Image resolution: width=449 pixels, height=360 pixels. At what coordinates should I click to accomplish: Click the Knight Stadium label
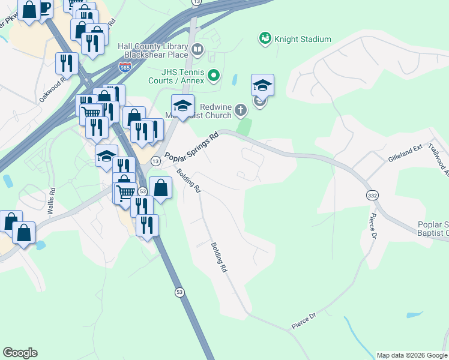point(303,40)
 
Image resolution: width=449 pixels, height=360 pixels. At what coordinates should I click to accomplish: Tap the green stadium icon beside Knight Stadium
point(264,39)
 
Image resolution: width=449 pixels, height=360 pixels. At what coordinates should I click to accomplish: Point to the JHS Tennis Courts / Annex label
point(178,76)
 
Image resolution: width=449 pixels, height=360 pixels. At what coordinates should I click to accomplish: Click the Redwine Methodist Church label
point(211,109)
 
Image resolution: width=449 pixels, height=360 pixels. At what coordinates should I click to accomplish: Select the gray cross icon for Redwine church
point(240,109)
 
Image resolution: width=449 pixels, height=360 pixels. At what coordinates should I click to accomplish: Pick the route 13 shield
point(155,161)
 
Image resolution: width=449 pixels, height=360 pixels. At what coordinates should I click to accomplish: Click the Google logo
point(20,353)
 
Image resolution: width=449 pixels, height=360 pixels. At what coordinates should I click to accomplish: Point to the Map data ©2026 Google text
point(412,355)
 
